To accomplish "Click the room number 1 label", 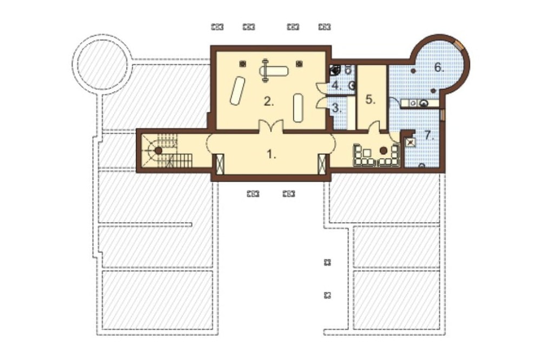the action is (272, 155).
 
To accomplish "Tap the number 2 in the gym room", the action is (269, 102).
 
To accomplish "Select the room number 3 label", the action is (337, 108).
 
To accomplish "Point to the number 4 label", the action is (337, 85).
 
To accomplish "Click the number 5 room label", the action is (370, 99).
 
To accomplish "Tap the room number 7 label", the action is (429, 136).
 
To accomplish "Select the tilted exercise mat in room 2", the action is (237, 90).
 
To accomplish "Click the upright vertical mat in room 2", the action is (298, 107).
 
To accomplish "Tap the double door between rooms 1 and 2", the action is (271, 125).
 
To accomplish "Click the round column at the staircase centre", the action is (159, 150).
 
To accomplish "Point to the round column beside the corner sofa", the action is (384, 150).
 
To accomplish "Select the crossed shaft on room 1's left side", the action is (220, 164).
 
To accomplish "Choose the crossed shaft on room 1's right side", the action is (322, 164).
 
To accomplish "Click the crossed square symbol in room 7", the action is (411, 142).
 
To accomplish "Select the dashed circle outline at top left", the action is (102, 64).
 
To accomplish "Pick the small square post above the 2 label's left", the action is (243, 64).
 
